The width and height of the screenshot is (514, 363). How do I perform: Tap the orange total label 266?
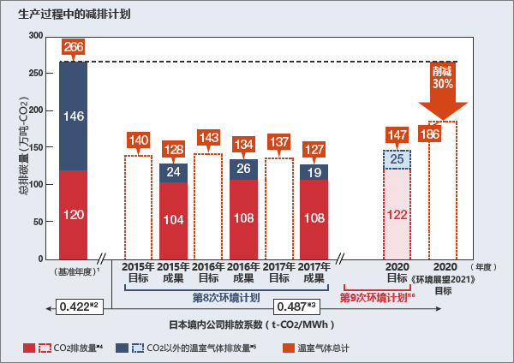(74, 46)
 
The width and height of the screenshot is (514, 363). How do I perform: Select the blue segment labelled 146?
(74, 116)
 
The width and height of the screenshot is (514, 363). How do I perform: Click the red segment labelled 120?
(74, 214)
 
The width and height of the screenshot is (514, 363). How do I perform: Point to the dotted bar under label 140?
(138, 205)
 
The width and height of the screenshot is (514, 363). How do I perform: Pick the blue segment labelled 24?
(173, 172)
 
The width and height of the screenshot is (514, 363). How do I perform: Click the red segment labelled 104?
(173, 219)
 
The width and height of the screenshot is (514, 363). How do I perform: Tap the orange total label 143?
(208, 137)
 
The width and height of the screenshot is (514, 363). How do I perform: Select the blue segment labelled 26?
(243, 169)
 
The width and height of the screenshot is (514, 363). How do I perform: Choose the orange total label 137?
(278, 141)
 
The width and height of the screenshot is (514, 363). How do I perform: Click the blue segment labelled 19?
(314, 171)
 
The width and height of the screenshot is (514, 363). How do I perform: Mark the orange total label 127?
(314, 147)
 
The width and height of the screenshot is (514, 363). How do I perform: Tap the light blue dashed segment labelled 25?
(397, 159)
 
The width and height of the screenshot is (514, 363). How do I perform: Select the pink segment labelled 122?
(397, 214)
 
